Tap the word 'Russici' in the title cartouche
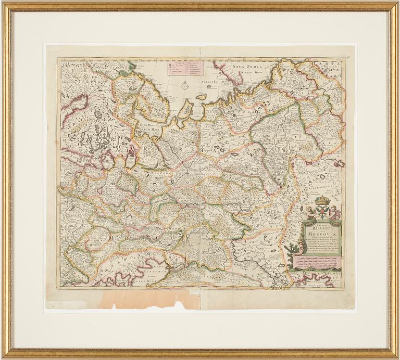point(318,226)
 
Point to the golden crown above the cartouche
point(323,200)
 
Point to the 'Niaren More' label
point(252,73)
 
